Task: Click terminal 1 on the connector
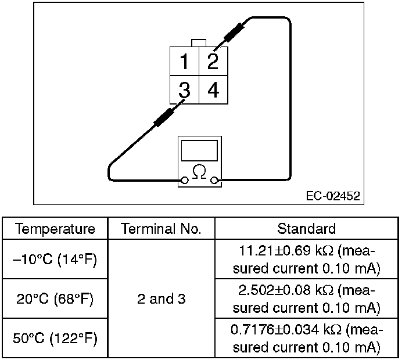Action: [184, 62]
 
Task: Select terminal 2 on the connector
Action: [213, 61]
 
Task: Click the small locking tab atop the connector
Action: [199, 42]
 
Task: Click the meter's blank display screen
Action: [199, 150]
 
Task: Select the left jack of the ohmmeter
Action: [185, 181]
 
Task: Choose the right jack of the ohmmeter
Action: [214, 181]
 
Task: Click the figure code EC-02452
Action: [333, 196]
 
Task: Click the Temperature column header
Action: [55, 228]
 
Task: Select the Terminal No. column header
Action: [162, 228]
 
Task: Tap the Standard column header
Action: [306, 228]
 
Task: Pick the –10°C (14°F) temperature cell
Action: [55, 259]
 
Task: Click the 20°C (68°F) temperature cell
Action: [55, 298]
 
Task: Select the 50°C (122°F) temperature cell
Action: [55, 338]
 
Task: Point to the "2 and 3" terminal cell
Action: [162, 298]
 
